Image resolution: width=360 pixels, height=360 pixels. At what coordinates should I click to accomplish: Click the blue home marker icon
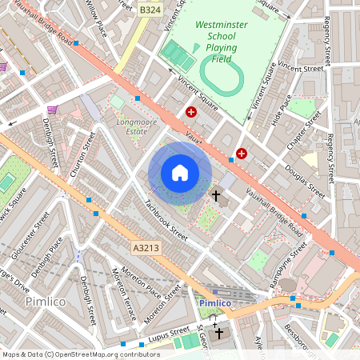coord(180,172)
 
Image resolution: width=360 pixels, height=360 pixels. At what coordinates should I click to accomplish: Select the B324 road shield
coord(150,9)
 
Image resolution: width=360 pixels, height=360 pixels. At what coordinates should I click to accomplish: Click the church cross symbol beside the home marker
coord(215,195)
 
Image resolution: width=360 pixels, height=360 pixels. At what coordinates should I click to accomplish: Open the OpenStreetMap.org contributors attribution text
coord(104,354)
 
